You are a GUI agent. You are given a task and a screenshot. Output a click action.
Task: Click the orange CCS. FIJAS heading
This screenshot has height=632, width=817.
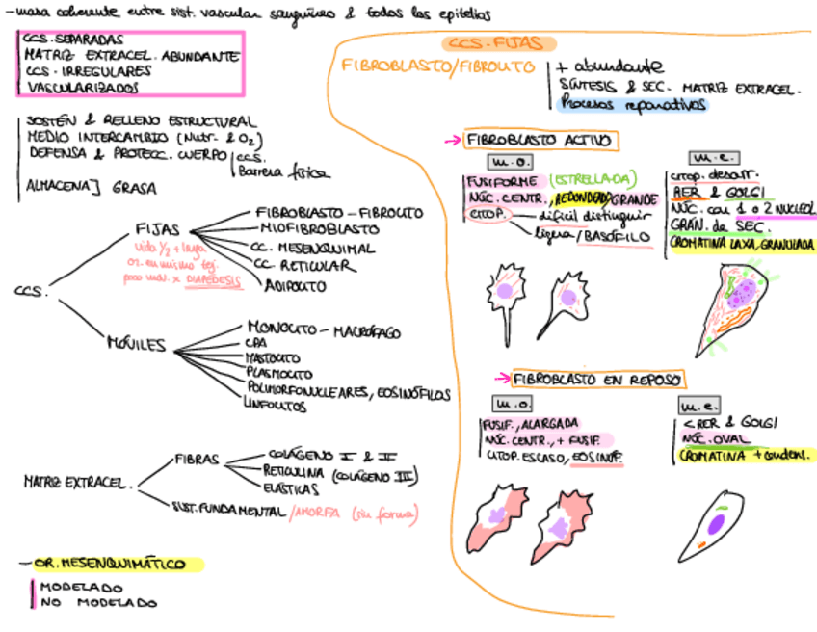(x=499, y=43)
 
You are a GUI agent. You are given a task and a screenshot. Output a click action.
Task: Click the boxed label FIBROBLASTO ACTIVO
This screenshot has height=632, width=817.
(x=539, y=141)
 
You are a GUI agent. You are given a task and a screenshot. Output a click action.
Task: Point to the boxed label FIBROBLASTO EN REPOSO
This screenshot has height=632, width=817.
(x=597, y=380)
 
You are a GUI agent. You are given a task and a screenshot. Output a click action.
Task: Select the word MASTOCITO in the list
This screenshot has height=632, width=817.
(x=274, y=357)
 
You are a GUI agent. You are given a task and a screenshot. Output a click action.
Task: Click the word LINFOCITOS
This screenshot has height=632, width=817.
(x=281, y=407)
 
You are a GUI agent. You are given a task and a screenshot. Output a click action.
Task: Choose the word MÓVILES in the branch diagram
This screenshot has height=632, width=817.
(x=136, y=345)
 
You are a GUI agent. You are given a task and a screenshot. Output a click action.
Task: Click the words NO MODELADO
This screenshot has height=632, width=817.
(x=97, y=603)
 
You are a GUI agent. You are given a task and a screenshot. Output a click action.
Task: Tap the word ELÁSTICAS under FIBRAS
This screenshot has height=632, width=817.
(x=288, y=489)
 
